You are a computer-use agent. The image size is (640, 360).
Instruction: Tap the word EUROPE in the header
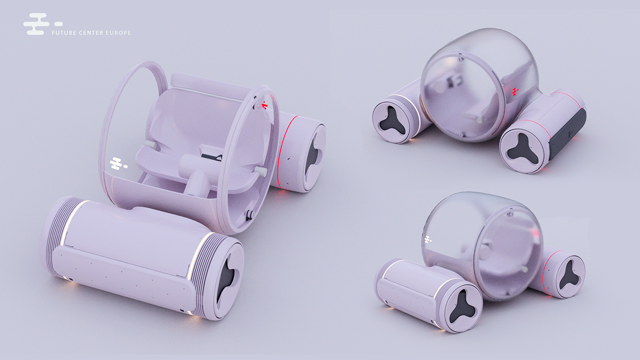(118, 33)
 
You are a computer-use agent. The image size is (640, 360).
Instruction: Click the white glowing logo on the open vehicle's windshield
(118, 164)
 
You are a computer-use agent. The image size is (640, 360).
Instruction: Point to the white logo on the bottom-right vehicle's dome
(428, 239)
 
